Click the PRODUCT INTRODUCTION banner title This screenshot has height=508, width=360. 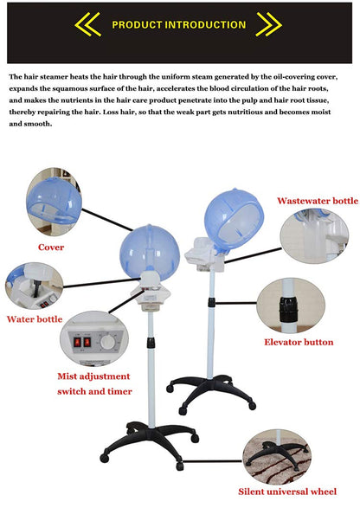point(179,24)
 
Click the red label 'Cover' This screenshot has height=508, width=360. point(50,247)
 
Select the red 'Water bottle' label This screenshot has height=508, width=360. point(35,318)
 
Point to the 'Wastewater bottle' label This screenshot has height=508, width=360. point(317,200)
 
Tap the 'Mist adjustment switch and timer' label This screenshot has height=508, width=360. point(94,383)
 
